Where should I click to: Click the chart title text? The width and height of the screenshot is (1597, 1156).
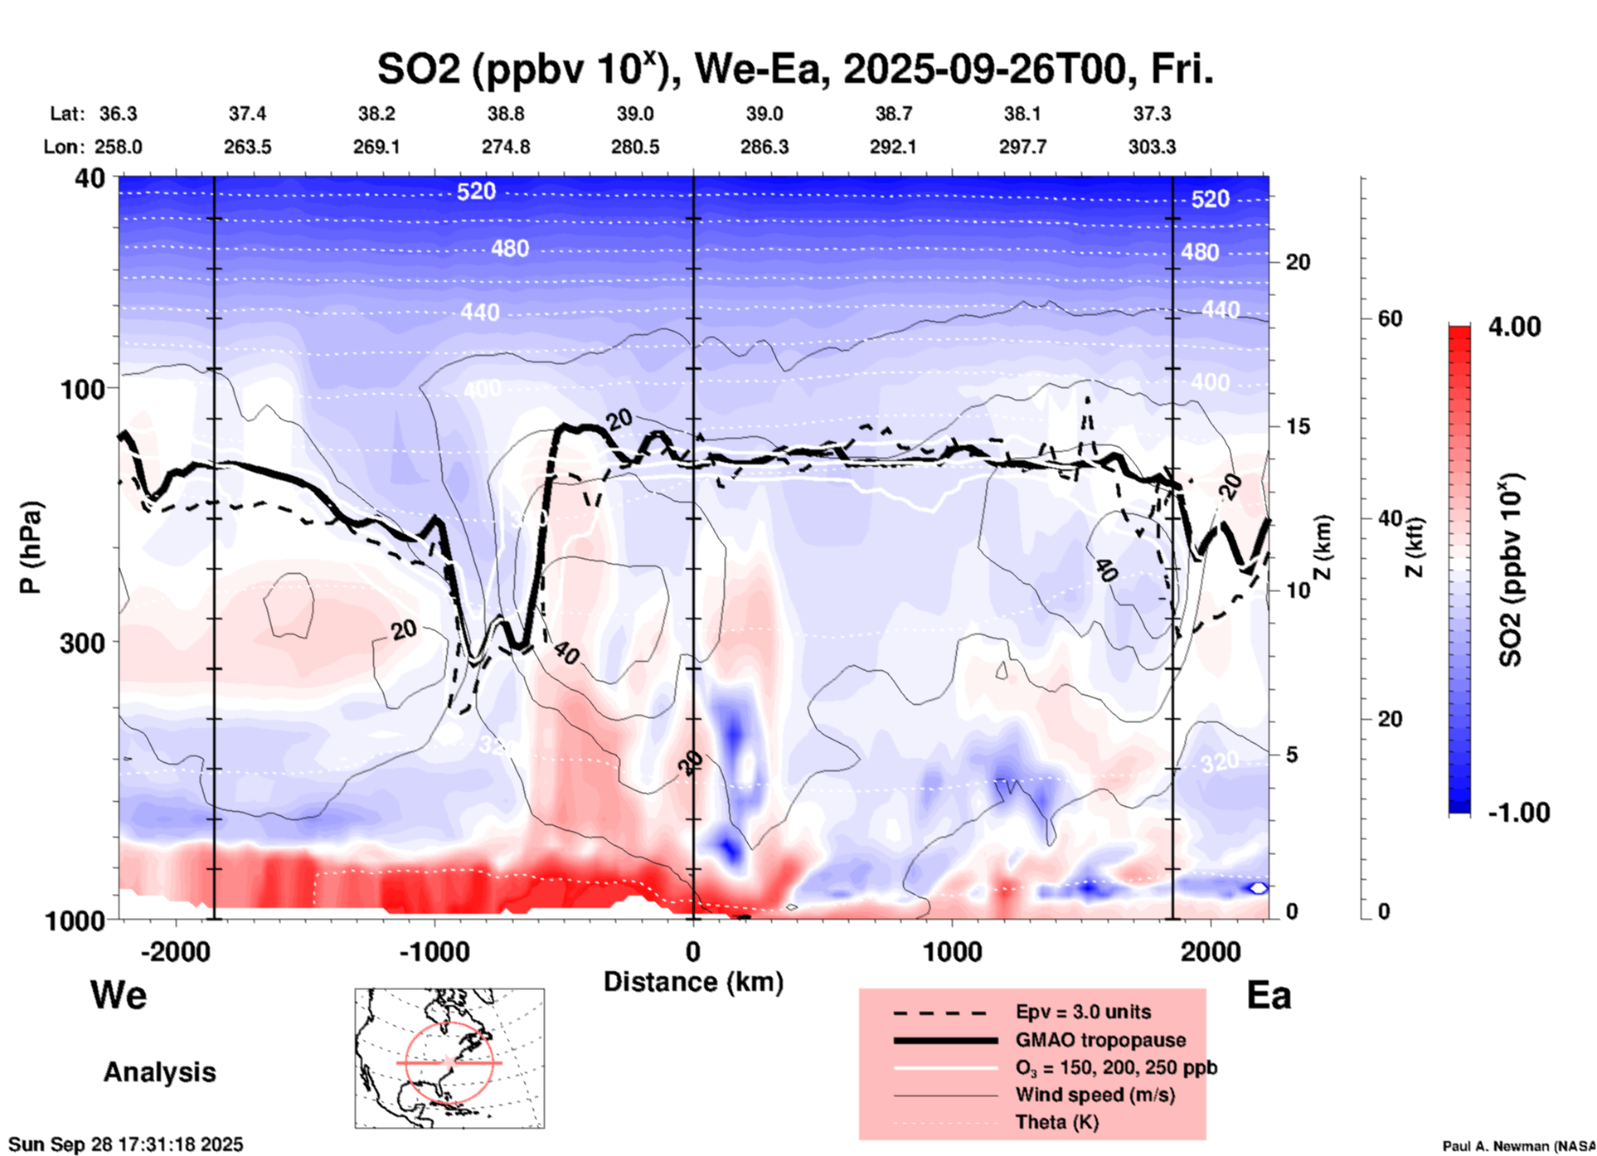click(794, 70)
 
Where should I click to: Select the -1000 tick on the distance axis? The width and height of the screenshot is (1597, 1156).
click(434, 952)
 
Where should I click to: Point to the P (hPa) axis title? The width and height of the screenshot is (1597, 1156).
click(31, 547)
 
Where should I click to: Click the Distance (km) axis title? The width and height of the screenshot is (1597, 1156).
click(693, 982)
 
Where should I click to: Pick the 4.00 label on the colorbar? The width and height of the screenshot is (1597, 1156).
click(1514, 326)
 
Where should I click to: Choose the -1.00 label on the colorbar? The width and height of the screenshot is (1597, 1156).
click(1518, 813)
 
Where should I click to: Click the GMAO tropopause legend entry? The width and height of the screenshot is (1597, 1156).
click(1099, 1040)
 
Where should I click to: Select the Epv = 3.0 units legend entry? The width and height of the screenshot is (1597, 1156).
click(1082, 1012)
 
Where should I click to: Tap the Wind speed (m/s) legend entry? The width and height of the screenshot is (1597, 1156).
click(1095, 1095)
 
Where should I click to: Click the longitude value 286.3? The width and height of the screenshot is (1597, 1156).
click(764, 147)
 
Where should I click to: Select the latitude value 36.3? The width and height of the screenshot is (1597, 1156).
click(119, 114)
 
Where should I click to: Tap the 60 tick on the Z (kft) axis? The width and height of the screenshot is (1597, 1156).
click(1390, 319)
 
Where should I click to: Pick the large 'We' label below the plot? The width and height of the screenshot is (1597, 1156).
click(119, 994)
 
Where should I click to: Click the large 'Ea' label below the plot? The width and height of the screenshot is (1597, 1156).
click(1269, 996)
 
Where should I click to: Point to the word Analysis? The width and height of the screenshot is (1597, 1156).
click(159, 1072)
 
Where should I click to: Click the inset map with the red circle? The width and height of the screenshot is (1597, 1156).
click(449, 1058)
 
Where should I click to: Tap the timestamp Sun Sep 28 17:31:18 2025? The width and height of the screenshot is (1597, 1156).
click(126, 1145)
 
